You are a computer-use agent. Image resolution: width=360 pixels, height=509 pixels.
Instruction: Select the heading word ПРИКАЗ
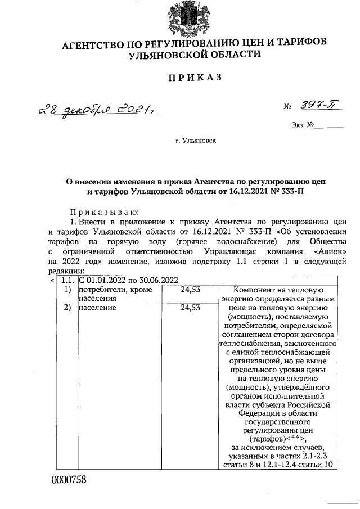(185, 77)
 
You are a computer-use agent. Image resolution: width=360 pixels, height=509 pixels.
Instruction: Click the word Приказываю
(100, 211)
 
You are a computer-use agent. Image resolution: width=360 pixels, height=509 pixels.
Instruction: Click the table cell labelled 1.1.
(67, 280)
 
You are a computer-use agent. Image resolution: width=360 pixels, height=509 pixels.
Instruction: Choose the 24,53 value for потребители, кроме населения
(191, 289)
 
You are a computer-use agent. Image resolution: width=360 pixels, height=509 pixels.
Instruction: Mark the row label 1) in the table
(67, 289)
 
